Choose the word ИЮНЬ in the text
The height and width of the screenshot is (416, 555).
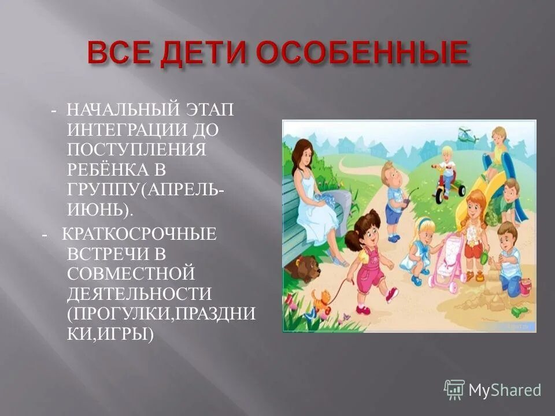pyautogui.click(x=105, y=209)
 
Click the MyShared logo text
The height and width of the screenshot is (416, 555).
pyautogui.click(x=504, y=390)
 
